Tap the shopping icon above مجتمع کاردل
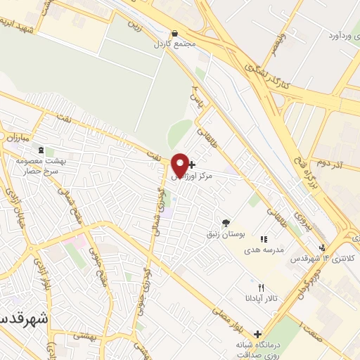174,33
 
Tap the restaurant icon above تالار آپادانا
261,288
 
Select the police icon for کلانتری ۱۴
322,247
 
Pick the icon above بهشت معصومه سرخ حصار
40,150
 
